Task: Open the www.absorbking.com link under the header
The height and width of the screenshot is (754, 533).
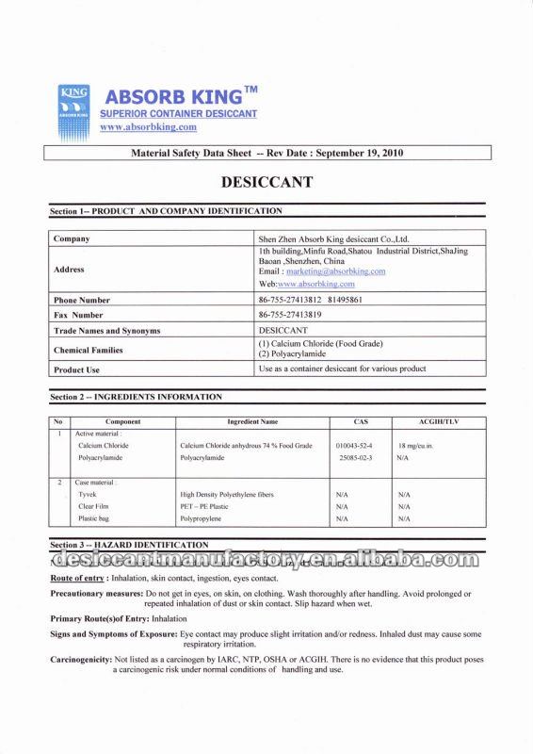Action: pos(148,126)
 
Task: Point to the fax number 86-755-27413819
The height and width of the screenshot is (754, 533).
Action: pos(291,315)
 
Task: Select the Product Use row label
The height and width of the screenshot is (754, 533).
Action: pos(77,370)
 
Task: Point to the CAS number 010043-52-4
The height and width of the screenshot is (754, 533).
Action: pos(354,444)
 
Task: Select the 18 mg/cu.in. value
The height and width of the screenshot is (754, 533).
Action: pos(414,444)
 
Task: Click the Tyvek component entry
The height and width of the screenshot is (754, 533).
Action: pos(88,494)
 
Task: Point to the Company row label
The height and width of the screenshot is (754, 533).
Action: pos(72,239)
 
